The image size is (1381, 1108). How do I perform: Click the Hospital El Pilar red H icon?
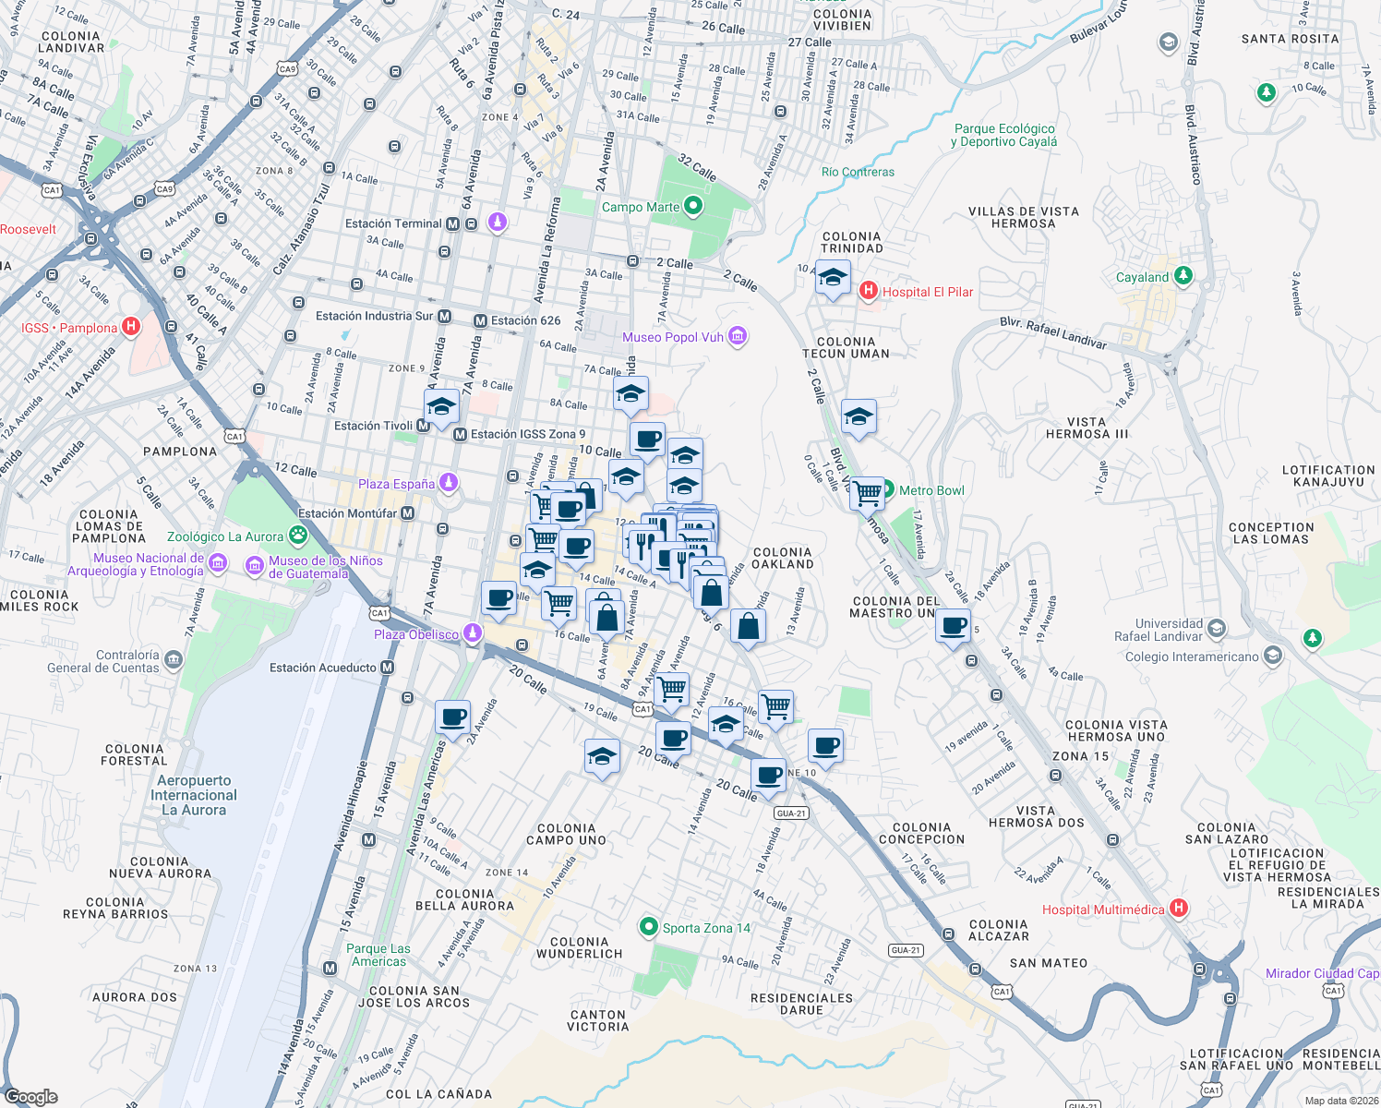[868, 292]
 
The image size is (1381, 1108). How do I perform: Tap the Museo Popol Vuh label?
[672, 337]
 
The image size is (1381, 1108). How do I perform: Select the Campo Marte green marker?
[693, 207]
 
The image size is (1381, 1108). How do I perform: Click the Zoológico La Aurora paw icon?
[297, 536]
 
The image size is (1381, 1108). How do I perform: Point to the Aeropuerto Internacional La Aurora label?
[194, 795]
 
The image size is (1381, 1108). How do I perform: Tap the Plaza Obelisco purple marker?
[473, 633]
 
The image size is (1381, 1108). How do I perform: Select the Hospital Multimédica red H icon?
[1179, 909]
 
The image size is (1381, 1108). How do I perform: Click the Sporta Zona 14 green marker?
[649, 927]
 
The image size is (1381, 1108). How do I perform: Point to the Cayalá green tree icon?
[1183, 276]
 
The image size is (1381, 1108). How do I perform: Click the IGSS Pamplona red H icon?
[131, 327]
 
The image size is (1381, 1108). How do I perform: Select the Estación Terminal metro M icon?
[452, 223]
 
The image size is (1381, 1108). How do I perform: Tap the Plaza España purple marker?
[449, 483]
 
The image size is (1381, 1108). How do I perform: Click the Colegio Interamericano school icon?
[1273, 656]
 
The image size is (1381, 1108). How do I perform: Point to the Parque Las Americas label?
[378, 955]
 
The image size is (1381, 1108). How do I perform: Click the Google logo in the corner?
[30, 1096]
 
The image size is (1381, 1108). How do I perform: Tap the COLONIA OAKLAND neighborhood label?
[782, 558]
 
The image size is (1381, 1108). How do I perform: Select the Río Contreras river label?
[858, 172]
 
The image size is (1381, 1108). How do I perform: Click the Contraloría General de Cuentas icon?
[174, 660]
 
